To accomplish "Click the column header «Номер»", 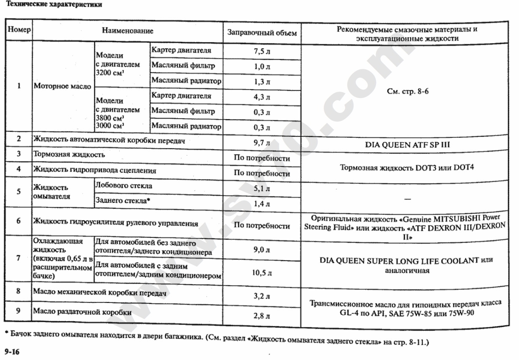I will coord(19,30).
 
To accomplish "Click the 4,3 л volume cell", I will coord(262,97).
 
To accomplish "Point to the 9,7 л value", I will coord(262,142).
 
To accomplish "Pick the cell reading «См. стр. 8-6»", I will coord(408,90).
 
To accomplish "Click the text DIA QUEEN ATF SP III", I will coord(408,145).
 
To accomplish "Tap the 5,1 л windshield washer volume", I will coord(262,189).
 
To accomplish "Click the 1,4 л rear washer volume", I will coord(262,204).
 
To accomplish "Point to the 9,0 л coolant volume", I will coord(262,250).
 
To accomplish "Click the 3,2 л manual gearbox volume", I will coord(262,296).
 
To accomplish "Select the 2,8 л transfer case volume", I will coord(262,316).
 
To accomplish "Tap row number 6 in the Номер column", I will coord(19,221).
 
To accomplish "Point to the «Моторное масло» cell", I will coord(62,87).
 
